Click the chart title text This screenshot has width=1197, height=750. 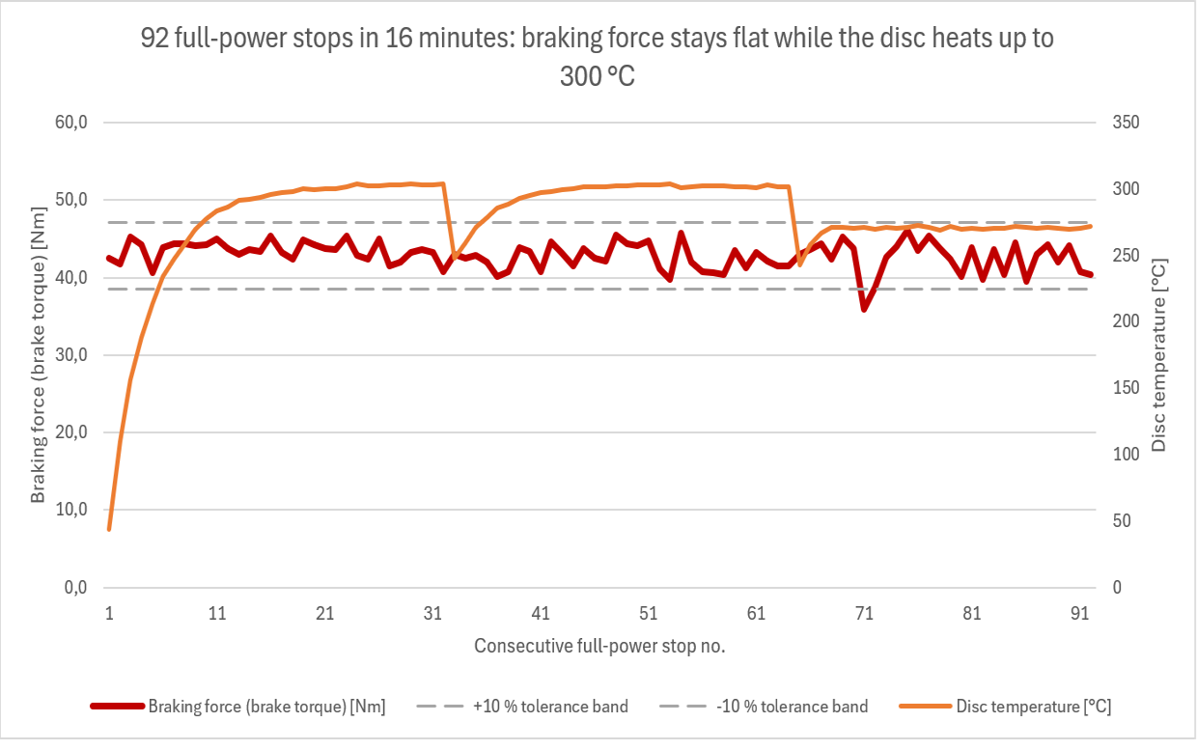[598, 57]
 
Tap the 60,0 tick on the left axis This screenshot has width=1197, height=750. [71, 123]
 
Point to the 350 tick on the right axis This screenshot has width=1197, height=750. [1126, 123]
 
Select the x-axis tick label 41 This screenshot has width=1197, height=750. [541, 613]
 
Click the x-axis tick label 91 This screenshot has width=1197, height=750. [1080, 613]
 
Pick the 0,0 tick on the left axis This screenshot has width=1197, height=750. [76, 588]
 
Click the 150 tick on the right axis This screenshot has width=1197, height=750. [1126, 388]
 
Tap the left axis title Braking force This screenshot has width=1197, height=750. [38, 354]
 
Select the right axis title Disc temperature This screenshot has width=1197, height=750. [1158, 354]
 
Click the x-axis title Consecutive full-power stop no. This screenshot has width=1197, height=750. [599, 647]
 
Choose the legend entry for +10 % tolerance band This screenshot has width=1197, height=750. [522, 707]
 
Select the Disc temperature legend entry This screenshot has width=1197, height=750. [1006, 707]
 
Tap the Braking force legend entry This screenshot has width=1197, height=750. [238, 707]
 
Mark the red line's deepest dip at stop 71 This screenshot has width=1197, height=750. [864, 309]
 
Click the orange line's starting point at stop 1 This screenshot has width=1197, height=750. [109, 529]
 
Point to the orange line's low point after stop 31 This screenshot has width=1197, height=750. [455, 258]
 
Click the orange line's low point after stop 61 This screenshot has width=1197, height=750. [799, 264]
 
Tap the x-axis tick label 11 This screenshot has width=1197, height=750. [217, 613]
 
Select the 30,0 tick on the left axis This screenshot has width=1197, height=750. [71, 354]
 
